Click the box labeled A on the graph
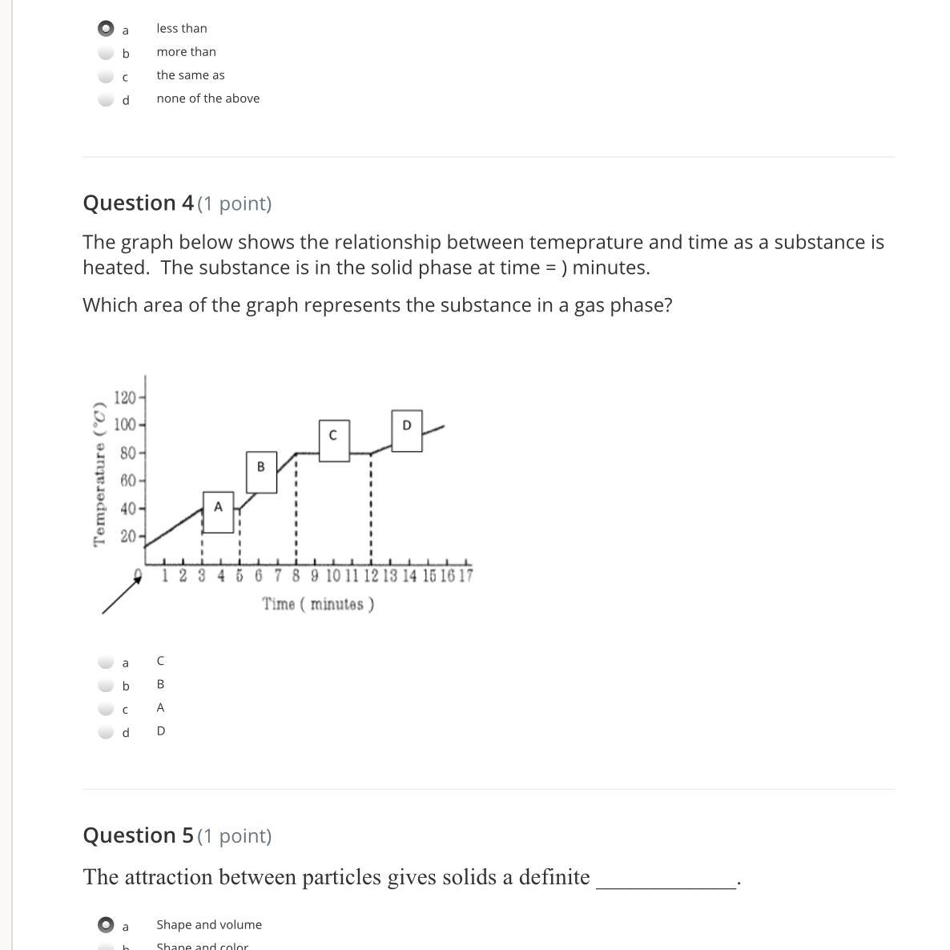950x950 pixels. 218,513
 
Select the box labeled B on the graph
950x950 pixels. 262,472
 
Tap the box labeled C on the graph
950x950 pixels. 335,441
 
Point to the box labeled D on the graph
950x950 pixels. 407,431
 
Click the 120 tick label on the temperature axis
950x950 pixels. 125,398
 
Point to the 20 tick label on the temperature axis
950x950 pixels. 128,536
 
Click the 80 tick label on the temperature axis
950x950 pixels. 128,453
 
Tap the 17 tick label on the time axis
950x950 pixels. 466,576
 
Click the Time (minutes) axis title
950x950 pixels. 318,604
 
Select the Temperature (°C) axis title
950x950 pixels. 100,474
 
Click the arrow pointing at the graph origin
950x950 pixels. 122,594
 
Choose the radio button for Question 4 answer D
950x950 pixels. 106,732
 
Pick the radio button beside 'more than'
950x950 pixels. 106,53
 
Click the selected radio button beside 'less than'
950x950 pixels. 106,29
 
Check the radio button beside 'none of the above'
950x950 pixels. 106,99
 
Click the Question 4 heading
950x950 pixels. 178,203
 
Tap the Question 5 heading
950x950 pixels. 178,835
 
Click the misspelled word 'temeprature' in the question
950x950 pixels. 586,243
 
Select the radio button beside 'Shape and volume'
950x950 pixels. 106,925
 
